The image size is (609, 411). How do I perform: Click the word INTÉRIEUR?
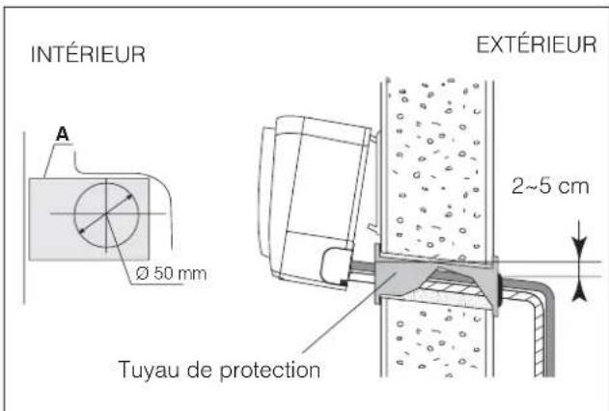coord(84,55)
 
